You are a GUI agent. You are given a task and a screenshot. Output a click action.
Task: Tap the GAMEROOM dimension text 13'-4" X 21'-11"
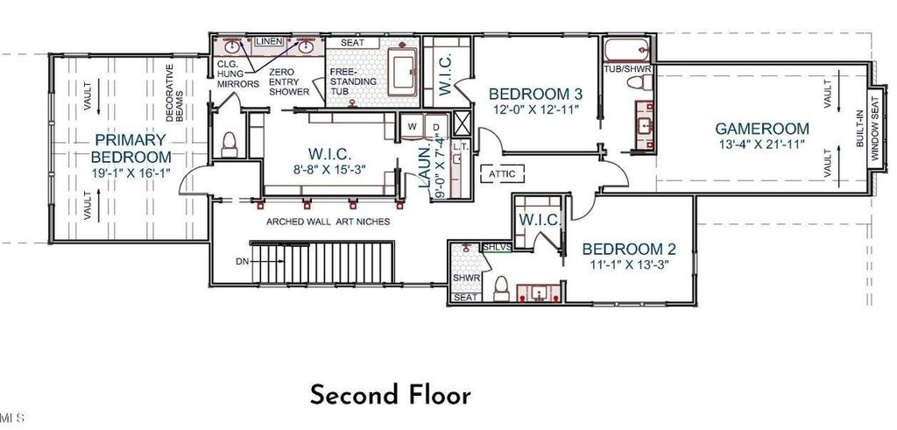point(762,145)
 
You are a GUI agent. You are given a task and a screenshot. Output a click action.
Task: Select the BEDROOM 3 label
point(536,94)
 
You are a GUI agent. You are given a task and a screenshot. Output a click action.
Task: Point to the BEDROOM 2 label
point(629,250)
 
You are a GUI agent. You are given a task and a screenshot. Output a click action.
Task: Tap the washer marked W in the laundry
point(412,126)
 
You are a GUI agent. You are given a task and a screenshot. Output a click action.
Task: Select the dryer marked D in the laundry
point(436,126)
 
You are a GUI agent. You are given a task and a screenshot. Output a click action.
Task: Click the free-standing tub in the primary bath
point(403,72)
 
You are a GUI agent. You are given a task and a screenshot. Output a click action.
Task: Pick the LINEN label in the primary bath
point(269,41)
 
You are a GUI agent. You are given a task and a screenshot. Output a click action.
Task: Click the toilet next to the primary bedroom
point(230,145)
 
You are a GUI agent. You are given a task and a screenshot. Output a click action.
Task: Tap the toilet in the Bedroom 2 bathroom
point(501,289)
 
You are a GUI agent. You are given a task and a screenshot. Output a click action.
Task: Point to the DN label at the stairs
point(242,261)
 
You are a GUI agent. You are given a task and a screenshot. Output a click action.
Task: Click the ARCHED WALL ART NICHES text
point(328,222)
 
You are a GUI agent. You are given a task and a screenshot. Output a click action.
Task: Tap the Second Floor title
point(391,395)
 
